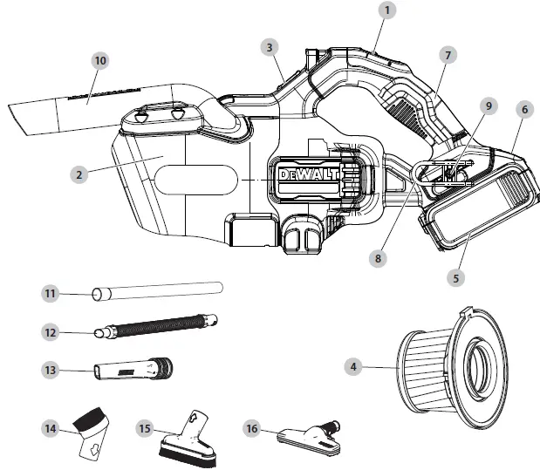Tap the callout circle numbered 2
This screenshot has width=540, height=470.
79,174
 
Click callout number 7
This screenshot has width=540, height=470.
448,55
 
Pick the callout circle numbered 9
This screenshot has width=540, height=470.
489,106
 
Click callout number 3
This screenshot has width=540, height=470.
270,45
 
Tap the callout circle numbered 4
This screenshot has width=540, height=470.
353,368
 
